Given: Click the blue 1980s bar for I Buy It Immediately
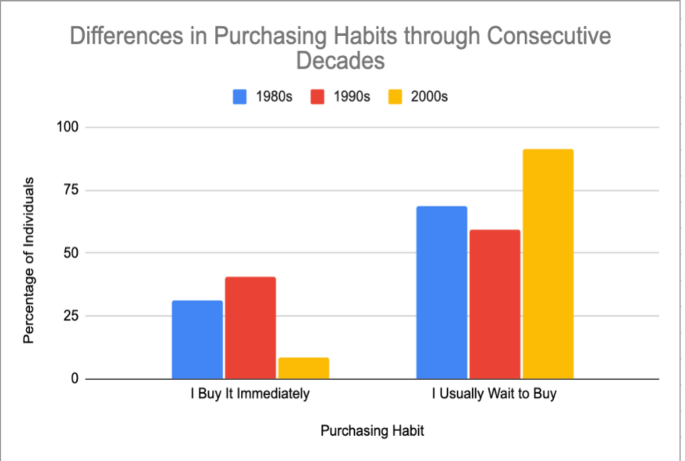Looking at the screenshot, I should click(197, 340).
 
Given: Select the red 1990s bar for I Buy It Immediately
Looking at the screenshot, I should click(250, 328).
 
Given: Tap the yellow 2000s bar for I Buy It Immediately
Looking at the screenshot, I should click(304, 368).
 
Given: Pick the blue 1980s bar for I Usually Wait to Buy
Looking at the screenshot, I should click(442, 292).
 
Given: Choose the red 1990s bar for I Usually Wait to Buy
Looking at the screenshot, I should click(495, 304).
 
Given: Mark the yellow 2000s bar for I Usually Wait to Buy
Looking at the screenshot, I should click(548, 264).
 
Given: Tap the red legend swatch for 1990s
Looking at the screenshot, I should click(318, 97).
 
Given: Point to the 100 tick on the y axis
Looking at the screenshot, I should click(68, 127).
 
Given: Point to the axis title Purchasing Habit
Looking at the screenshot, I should click(371, 430).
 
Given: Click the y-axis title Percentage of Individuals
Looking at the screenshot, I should click(28, 260).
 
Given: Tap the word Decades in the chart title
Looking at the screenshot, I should click(340, 61).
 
